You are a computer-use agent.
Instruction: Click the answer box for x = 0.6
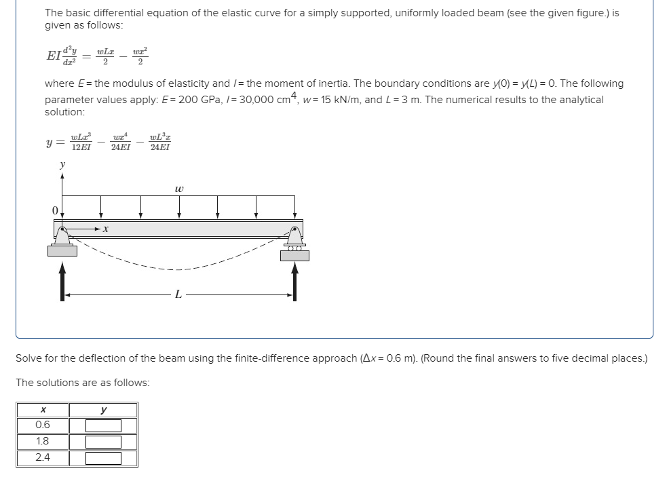coord(103,425)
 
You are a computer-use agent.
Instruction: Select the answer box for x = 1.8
coord(103,442)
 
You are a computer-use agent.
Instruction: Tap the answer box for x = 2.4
coord(103,458)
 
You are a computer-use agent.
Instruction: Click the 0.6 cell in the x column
coord(43,425)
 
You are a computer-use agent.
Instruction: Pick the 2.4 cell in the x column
coord(43,458)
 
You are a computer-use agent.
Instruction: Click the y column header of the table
coord(103,410)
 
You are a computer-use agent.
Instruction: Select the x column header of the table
coord(43,410)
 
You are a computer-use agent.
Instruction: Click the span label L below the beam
coord(178,294)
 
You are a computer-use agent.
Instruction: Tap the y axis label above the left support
coord(62,164)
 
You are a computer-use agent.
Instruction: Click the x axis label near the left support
coord(106,231)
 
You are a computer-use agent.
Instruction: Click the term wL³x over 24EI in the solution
coord(160,142)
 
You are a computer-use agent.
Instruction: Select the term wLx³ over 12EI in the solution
coord(81,142)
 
